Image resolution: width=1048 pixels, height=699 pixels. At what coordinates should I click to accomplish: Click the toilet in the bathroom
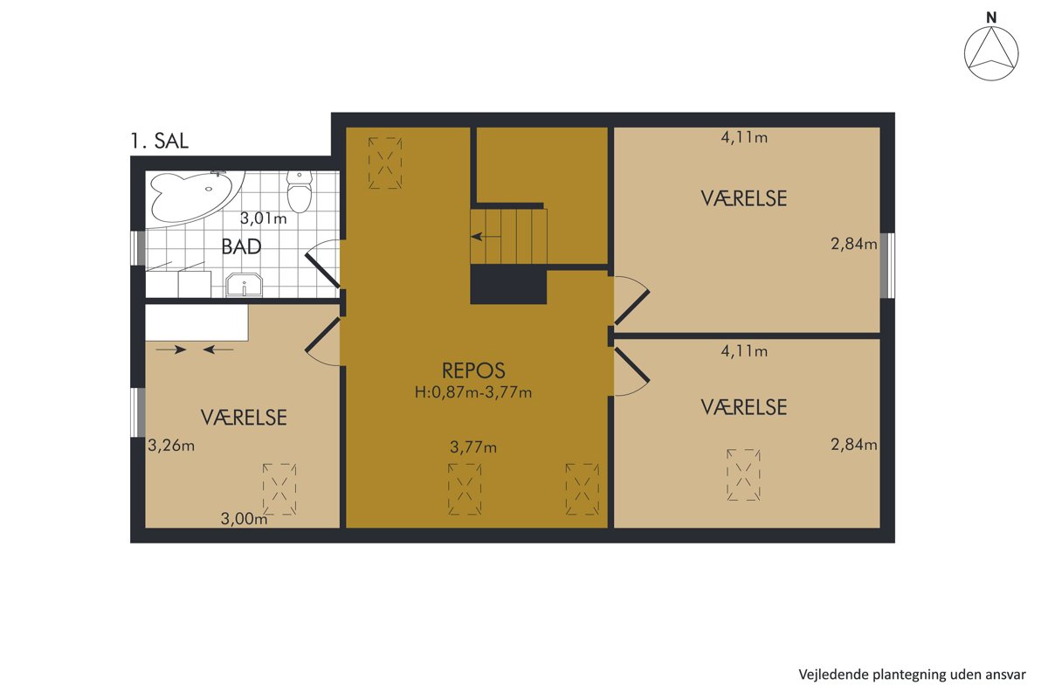coord(300,191)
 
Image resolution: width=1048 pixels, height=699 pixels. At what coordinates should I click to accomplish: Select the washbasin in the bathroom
coord(244,285)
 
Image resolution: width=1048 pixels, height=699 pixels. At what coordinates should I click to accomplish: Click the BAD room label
coord(241,246)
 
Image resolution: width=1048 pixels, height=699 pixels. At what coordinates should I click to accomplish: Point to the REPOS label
coord(473,370)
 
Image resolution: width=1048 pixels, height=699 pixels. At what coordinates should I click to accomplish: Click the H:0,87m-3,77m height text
coord(473,392)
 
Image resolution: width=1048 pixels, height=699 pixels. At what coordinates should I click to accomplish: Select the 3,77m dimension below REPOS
coord(473,447)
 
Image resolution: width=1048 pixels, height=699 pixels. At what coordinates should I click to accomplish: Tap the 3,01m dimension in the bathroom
coord(264,218)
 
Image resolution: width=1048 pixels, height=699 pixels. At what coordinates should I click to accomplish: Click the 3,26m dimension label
coord(171,446)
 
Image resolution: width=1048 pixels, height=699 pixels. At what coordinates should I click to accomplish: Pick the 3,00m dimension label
coord(244,519)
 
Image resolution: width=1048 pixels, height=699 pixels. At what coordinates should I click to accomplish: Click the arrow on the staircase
coord(486,237)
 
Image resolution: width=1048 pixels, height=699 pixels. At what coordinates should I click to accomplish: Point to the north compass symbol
coord(991,53)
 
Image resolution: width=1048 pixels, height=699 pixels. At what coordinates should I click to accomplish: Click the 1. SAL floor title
coord(160,141)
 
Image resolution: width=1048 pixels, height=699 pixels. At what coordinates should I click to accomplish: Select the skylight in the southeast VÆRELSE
coord(743,474)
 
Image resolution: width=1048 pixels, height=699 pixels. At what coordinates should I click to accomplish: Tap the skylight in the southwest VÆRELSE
coord(279,489)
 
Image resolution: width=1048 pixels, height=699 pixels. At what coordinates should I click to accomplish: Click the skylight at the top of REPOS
coord(385,163)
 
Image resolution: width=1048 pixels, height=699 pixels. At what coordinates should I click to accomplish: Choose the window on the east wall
coord(887,265)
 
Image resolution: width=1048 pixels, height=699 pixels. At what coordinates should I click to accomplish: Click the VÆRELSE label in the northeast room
coord(744,198)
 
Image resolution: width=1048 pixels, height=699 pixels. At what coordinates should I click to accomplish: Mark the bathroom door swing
coord(323,264)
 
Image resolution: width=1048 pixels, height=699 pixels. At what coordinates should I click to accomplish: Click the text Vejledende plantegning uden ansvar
coord(912,675)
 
